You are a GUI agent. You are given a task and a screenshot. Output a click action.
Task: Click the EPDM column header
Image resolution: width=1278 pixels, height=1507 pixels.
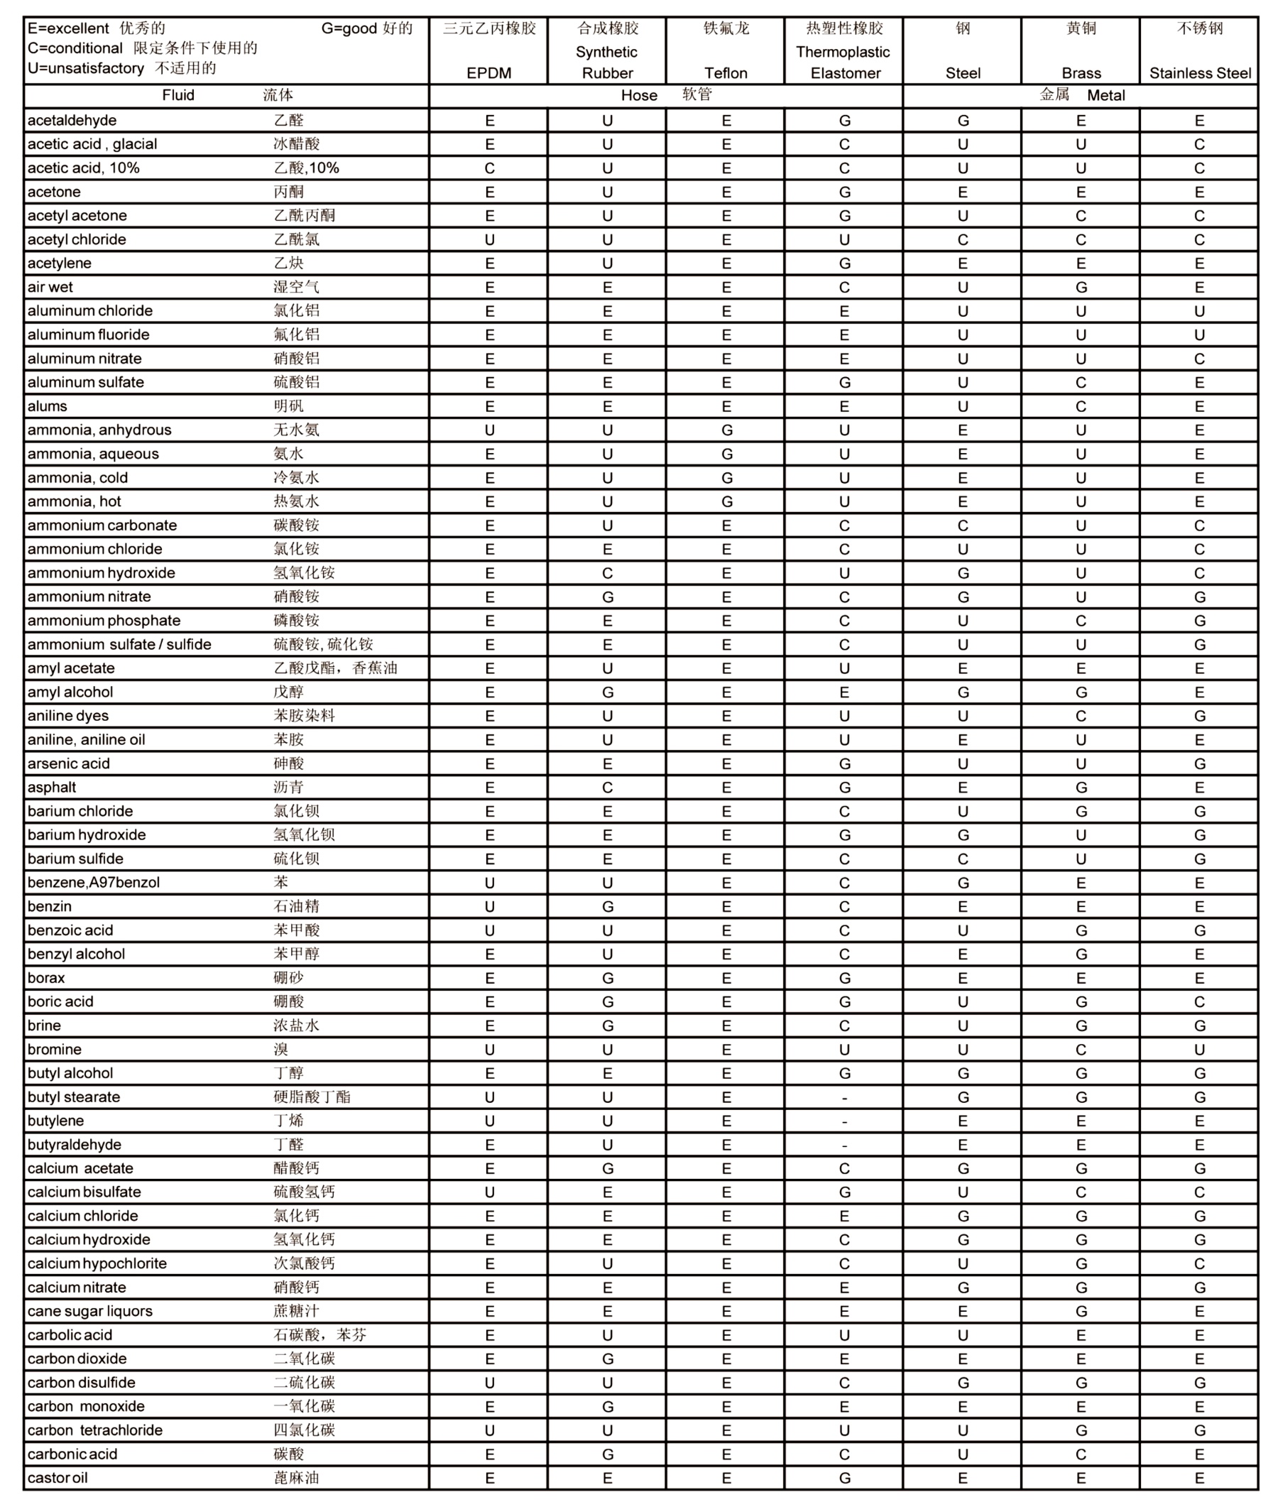(x=489, y=72)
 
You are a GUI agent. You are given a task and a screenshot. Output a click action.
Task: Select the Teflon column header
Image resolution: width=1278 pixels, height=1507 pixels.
(x=725, y=72)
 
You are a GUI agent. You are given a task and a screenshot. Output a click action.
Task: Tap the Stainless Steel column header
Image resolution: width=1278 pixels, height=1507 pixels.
(x=1200, y=72)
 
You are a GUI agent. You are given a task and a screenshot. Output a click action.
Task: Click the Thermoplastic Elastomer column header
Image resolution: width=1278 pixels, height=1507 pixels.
(x=844, y=62)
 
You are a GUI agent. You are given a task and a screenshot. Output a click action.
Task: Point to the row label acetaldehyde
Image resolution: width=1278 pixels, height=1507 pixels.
(x=72, y=120)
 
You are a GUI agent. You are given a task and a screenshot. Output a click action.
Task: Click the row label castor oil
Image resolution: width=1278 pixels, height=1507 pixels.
(x=58, y=1477)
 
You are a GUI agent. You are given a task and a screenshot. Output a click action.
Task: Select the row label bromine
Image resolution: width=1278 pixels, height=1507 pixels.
(x=55, y=1049)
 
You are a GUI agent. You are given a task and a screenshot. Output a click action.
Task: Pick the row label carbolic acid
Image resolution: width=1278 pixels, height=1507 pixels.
(x=70, y=1334)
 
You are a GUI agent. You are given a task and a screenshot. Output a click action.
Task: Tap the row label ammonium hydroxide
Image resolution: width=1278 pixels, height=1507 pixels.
(x=102, y=572)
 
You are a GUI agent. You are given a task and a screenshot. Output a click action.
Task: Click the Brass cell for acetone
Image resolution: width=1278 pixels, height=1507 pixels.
(x=1081, y=192)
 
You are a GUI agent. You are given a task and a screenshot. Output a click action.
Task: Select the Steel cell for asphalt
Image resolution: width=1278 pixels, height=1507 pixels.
(x=963, y=787)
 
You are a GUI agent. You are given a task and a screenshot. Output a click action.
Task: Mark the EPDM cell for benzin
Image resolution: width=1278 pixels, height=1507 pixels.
(x=490, y=906)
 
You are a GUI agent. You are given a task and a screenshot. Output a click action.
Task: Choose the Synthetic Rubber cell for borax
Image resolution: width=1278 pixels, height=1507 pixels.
(x=608, y=978)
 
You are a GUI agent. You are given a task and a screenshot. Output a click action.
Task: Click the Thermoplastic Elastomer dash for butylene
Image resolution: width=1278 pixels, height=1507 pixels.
(x=845, y=1121)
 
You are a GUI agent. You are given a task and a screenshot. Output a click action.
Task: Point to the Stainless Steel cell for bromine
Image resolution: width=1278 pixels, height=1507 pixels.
(x=1200, y=1049)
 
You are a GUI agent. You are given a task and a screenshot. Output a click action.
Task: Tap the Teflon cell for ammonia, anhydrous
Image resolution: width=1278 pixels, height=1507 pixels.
(x=726, y=430)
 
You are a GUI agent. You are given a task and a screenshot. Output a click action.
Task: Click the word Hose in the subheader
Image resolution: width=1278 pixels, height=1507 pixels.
(x=639, y=96)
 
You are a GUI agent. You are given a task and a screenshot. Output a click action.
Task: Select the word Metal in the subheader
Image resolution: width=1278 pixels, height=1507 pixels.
(x=1105, y=96)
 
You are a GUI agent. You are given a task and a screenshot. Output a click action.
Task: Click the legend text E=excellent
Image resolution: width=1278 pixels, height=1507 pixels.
(x=68, y=28)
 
